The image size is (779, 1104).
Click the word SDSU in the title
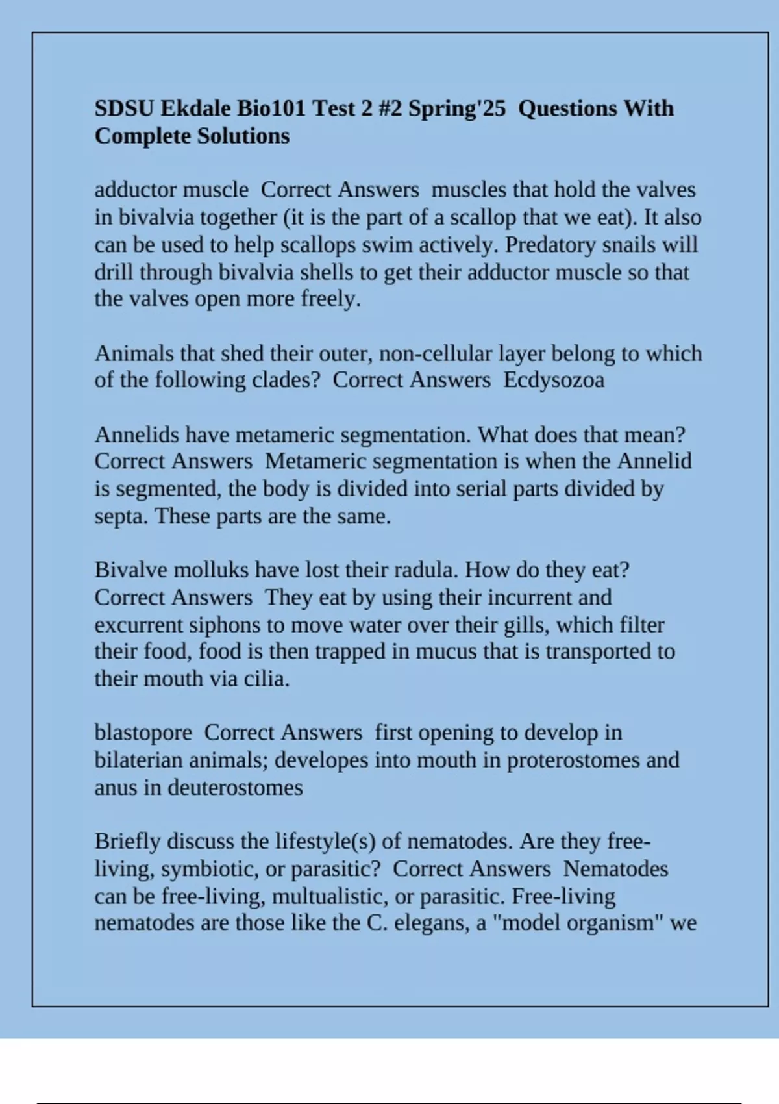pyautogui.click(x=124, y=108)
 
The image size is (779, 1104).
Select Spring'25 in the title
pyautogui.click(x=456, y=108)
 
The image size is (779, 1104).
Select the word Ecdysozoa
pyautogui.click(x=554, y=380)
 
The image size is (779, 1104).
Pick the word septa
pyautogui.click(x=121, y=516)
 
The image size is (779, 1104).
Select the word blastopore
pyautogui.click(x=143, y=733)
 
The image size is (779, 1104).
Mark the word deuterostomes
pyautogui.click(x=235, y=788)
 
